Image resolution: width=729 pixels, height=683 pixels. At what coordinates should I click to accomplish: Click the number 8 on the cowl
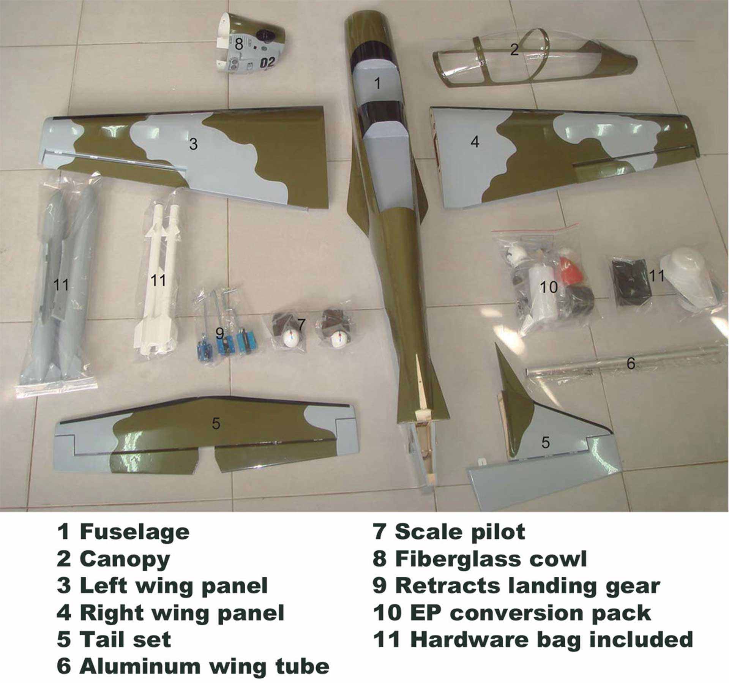pyautogui.click(x=238, y=44)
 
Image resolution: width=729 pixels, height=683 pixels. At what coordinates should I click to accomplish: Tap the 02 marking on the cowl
pyautogui.click(x=267, y=62)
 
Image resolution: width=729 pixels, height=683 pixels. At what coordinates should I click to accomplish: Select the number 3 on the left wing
pyautogui.click(x=193, y=144)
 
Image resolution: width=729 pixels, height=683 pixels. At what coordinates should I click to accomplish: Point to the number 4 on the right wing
pyautogui.click(x=475, y=142)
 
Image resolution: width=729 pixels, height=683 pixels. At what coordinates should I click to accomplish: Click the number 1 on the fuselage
pyautogui.click(x=377, y=83)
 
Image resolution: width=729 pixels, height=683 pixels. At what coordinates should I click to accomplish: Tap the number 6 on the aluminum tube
pyautogui.click(x=630, y=363)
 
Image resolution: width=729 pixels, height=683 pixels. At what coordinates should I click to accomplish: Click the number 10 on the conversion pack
pyautogui.click(x=549, y=287)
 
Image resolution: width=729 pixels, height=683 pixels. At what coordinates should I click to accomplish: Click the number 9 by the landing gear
pyautogui.click(x=219, y=334)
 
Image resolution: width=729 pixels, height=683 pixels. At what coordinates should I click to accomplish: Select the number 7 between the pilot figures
pyautogui.click(x=301, y=324)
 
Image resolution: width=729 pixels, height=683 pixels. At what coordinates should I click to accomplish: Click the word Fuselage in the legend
pyautogui.click(x=134, y=532)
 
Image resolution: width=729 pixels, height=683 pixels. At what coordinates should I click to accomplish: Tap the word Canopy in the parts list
pyautogui.click(x=125, y=560)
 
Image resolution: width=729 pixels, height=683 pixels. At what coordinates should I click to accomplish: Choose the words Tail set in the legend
pyautogui.click(x=125, y=639)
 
